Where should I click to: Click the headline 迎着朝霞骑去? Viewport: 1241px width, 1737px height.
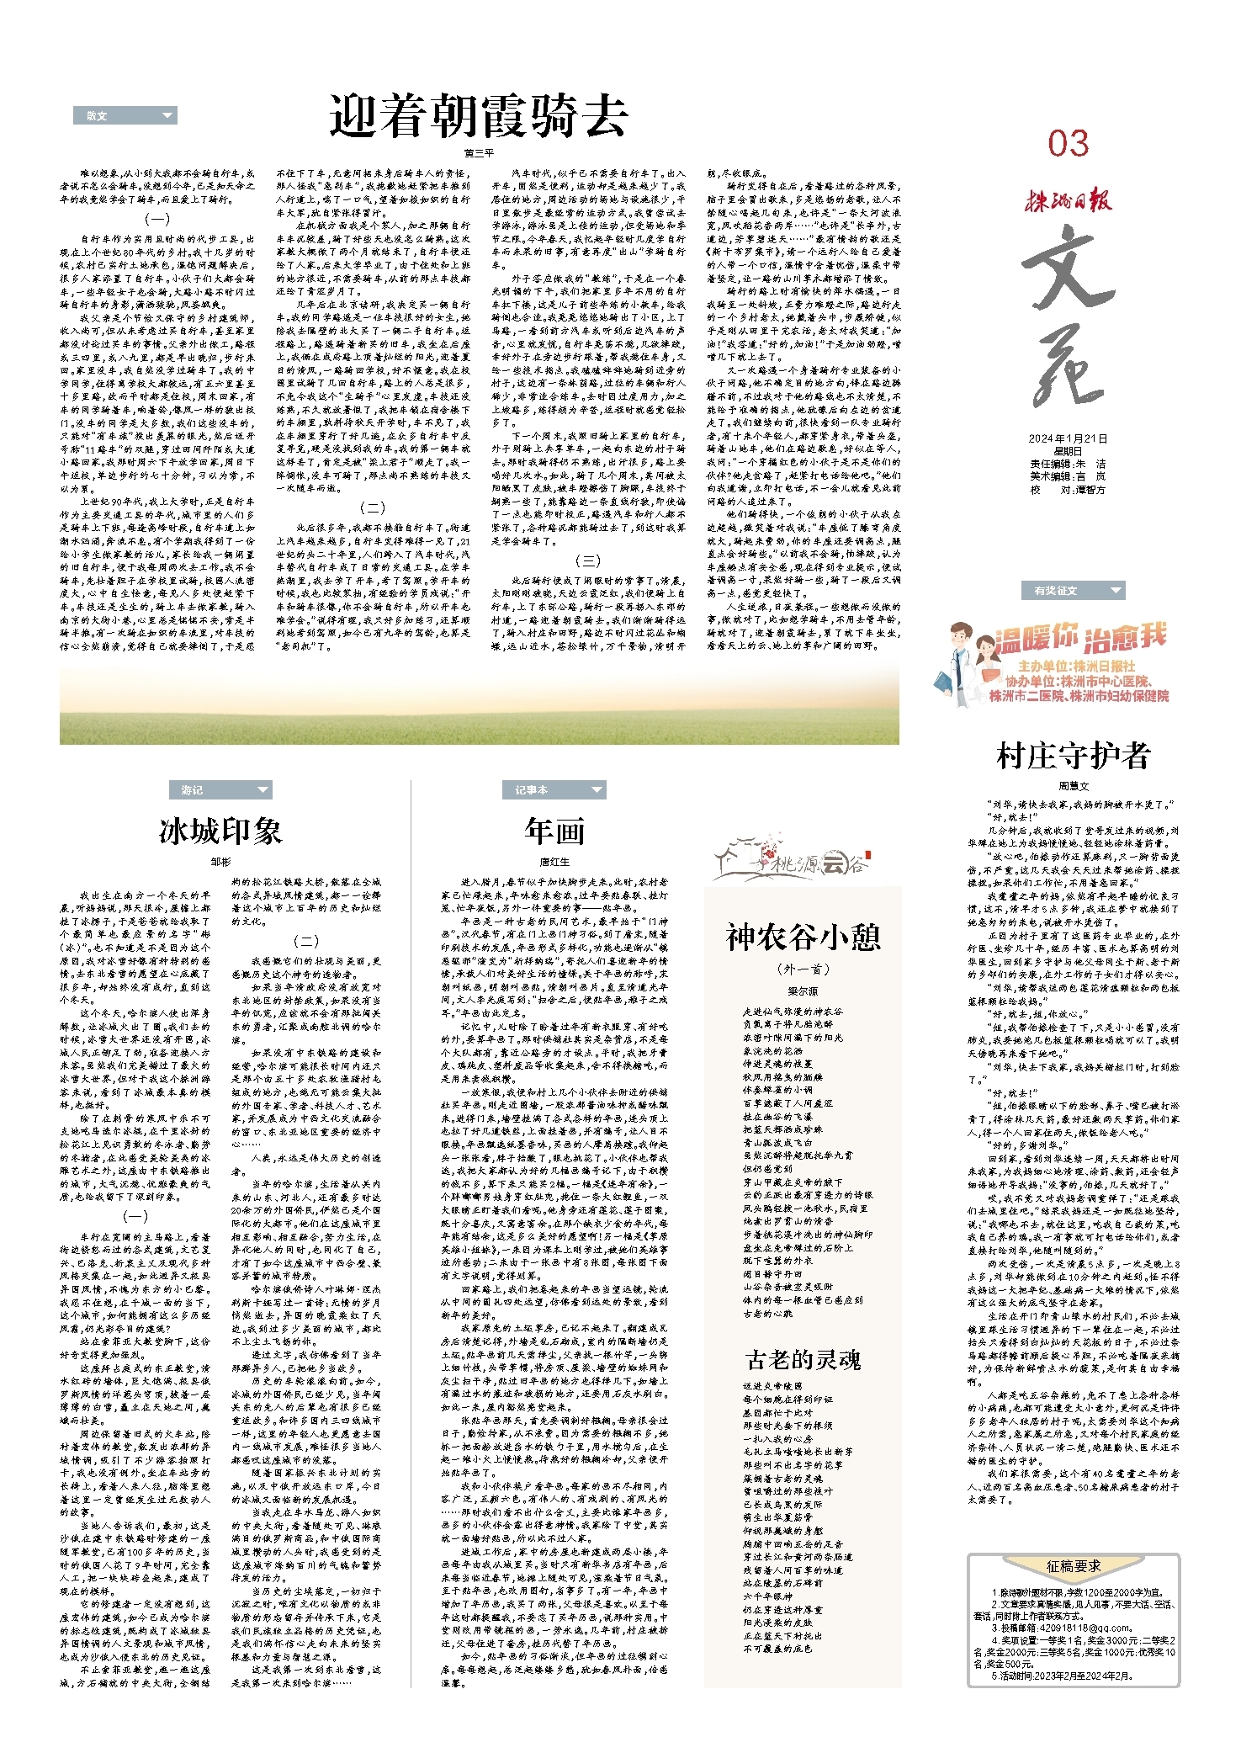[x=478, y=116]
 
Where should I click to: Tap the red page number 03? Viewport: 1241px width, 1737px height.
[x=1068, y=144]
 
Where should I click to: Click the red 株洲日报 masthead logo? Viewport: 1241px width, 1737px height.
[x=1068, y=200]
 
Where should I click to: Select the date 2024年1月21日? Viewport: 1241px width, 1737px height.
[x=1068, y=438]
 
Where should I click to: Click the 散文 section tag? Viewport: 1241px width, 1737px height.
[x=125, y=115]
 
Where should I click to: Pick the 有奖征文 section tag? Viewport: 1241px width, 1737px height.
[x=1072, y=590]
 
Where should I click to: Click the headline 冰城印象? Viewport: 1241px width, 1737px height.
[x=220, y=831]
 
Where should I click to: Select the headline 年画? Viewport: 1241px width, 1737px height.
[x=554, y=831]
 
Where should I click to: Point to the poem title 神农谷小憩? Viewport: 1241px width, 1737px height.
[x=803, y=937]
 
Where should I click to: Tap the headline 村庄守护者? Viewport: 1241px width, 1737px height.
[x=1073, y=755]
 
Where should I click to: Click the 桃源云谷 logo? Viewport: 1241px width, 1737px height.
[x=791, y=860]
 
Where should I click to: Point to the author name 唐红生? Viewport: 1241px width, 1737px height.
[x=554, y=862]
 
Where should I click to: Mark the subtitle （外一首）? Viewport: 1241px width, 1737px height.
[x=803, y=969]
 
